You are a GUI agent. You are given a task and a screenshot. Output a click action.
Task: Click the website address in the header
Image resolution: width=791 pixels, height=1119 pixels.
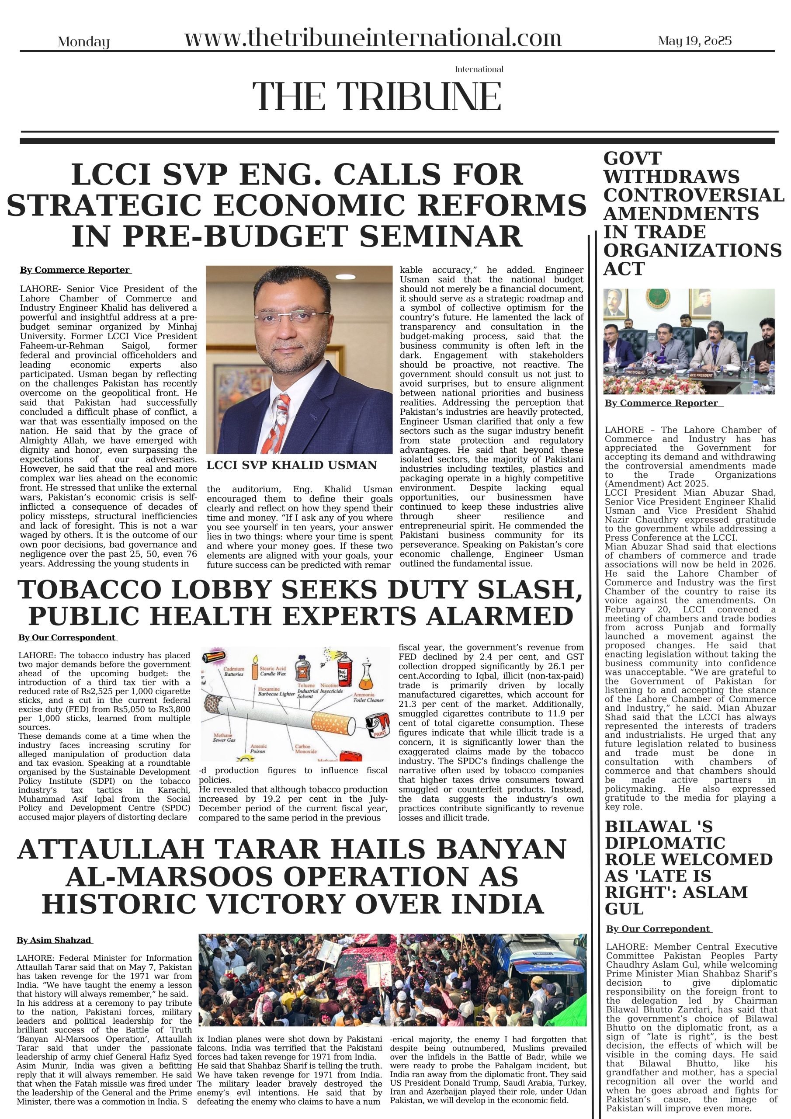click(373, 38)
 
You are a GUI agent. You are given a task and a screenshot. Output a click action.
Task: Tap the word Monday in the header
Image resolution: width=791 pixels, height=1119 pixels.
click(83, 42)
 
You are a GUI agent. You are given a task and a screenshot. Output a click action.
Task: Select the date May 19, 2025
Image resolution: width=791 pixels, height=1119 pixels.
click(694, 41)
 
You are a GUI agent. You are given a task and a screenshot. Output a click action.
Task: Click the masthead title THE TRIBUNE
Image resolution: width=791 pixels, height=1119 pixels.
click(377, 96)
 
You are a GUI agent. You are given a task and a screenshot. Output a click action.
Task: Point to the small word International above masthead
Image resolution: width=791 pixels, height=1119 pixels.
click(479, 69)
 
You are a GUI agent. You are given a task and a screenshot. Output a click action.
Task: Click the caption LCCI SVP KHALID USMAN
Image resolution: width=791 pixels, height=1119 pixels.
click(291, 465)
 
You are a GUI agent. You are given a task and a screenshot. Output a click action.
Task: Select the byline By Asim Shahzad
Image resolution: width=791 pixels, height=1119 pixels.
click(54, 940)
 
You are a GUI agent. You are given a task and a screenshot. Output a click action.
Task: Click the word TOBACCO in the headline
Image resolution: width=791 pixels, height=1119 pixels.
click(90, 590)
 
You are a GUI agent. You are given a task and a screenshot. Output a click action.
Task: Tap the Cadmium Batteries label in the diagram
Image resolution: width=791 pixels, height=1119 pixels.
click(234, 671)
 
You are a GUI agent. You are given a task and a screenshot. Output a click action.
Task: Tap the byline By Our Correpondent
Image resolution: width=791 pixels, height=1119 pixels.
click(658, 929)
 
